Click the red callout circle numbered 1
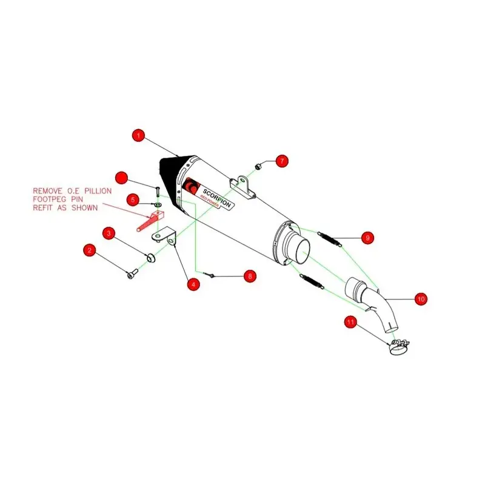coord(139,135)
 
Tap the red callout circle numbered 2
coord(90,250)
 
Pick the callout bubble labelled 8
coord(250,276)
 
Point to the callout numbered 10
coord(421,298)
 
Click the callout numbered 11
coord(350,322)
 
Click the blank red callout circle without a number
coord(122,178)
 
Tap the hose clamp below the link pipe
coord(398,347)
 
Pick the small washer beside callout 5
coord(158,205)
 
